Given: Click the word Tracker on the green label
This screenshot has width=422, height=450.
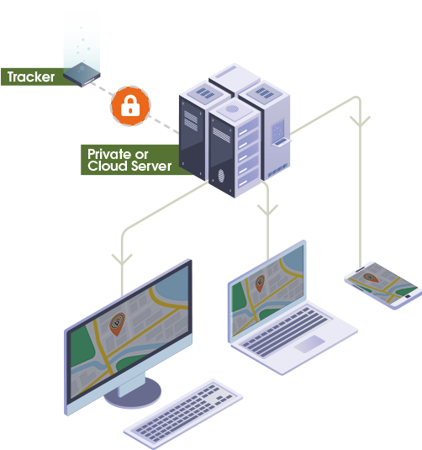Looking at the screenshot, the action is [31, 77].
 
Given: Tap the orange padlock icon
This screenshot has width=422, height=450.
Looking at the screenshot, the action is [130, 106].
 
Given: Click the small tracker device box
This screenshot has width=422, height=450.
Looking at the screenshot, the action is [82, 74].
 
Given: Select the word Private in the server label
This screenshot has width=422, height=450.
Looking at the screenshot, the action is [110, 154].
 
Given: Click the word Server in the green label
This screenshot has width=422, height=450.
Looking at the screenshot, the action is [152, 167].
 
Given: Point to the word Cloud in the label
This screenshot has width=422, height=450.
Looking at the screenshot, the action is [108, 167].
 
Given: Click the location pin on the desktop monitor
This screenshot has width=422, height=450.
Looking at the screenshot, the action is [118, 324].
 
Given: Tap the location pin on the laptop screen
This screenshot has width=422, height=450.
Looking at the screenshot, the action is [260, 283].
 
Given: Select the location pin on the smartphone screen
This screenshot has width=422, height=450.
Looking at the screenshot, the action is [371, 278].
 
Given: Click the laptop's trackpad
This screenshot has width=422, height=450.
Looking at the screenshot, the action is [309, 343].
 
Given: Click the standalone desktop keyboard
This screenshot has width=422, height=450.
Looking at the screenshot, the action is [183, 413].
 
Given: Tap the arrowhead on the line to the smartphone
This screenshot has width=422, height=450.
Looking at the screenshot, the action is [360, 121].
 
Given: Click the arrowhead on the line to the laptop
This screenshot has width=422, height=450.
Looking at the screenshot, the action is [267, 209].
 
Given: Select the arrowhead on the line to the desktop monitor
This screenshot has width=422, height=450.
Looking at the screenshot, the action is [122, 259].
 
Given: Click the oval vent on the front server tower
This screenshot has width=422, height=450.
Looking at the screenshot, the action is [221, 176].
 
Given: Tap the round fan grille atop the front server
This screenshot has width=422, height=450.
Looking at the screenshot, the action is [232, 109].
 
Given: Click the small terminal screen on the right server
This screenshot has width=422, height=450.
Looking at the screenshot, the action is [278, 130].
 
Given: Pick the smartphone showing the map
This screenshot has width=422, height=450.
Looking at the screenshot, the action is [383, 285].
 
